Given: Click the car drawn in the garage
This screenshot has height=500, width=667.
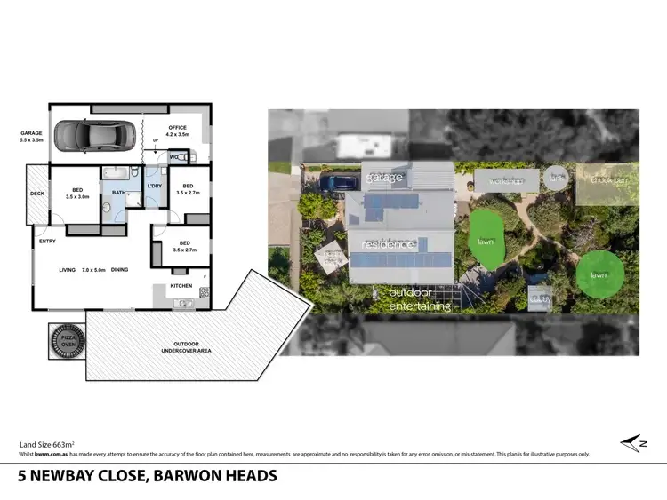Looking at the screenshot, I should [x=93, y=136].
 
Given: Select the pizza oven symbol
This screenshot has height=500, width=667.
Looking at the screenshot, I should [x=68, y=341].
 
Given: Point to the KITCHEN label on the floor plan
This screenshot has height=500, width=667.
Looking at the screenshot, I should [x=181, y=286].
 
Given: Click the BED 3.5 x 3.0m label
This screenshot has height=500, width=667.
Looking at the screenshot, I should [x=77, y=193].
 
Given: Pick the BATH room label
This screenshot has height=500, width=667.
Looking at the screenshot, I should [x=118, y=192].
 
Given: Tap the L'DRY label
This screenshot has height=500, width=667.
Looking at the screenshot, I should [x=154, y=186].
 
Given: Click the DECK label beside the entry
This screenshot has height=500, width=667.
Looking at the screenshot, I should [x=37, y=194].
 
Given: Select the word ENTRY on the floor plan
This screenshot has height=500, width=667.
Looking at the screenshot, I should [x=46, y=240].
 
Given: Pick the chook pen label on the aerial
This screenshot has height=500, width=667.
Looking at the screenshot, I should [x=608, y=180].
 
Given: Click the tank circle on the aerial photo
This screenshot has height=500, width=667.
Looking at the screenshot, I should [x=556, y=178].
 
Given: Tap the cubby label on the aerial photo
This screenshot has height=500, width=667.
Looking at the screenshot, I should [x=539, y=299].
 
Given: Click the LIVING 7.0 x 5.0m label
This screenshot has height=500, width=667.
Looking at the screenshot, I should [x=83, y=270].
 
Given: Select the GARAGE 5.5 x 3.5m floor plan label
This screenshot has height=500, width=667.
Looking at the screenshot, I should [x=31, y=137].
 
